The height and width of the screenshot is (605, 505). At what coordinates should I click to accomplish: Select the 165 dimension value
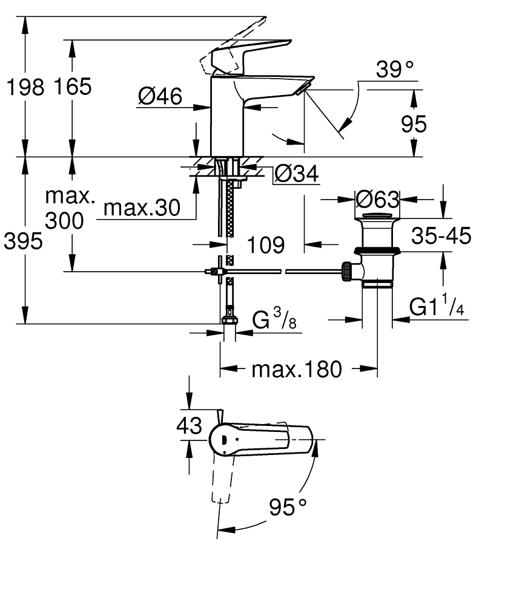pyautogui.click(x=71, y=87)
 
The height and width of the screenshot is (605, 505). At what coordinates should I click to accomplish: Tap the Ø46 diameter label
pyautogui.click(x=160, y=96)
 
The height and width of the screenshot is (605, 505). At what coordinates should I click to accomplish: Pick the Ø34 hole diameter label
pyautogui.click(x=296, y=174)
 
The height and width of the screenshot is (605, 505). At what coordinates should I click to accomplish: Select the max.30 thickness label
pyautogui.click(x=142, y=209)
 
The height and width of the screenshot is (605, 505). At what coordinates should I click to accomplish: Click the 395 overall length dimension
pyautogui.click(x=24, y=242)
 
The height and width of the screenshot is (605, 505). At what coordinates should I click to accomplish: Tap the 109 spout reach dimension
pyautogui.click(x=266, y=245)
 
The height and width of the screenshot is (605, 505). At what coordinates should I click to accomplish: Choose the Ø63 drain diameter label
pyautogui.click(x=377, y=199)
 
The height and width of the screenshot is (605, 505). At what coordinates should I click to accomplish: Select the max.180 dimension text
pyautogui.click(x=297, y=368)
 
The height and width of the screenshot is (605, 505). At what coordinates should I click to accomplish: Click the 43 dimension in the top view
pyautogui.click(x=189, y=426)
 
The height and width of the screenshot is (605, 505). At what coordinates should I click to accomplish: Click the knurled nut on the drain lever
pyautogui.click(x=347, y=272)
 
